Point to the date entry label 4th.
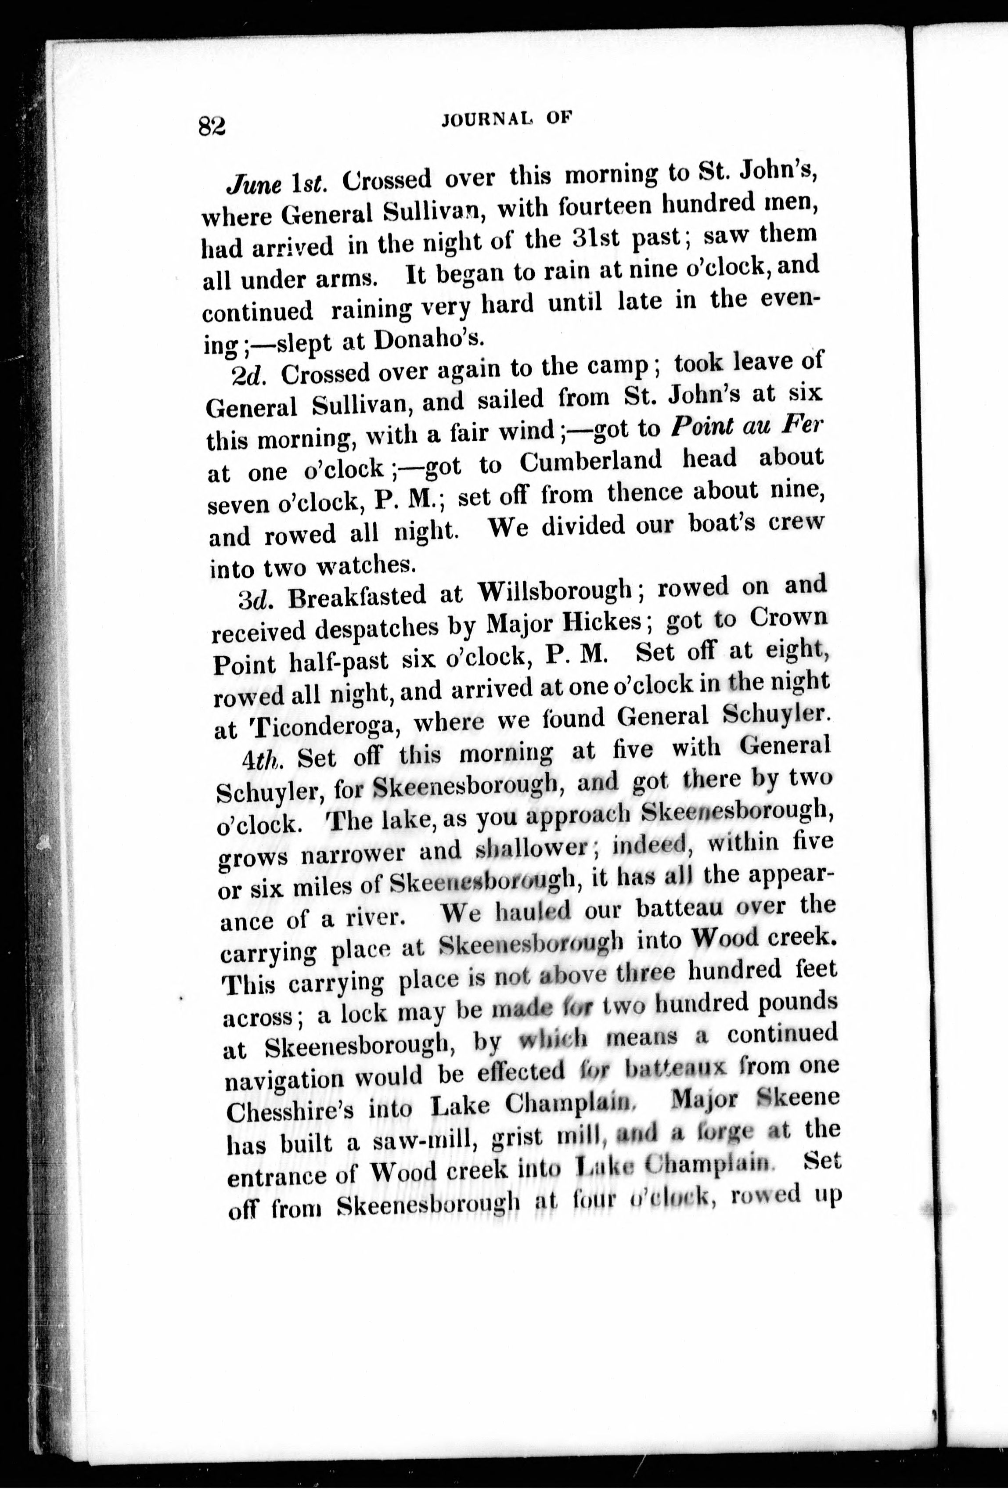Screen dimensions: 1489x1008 point(263,760)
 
